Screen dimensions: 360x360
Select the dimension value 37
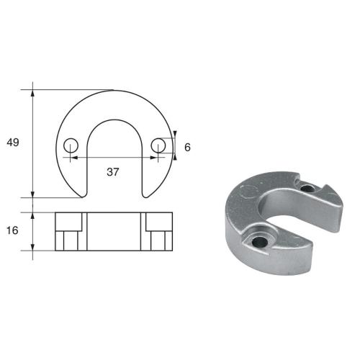(112, 172)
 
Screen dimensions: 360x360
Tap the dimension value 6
(187, 147)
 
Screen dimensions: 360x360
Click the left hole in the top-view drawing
(70, 146)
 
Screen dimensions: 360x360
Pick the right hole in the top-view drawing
(158, 146)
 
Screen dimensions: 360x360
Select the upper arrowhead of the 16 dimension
(33, 215)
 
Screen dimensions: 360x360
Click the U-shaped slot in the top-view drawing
(114, 158)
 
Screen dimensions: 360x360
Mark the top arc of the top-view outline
(114, 91)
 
